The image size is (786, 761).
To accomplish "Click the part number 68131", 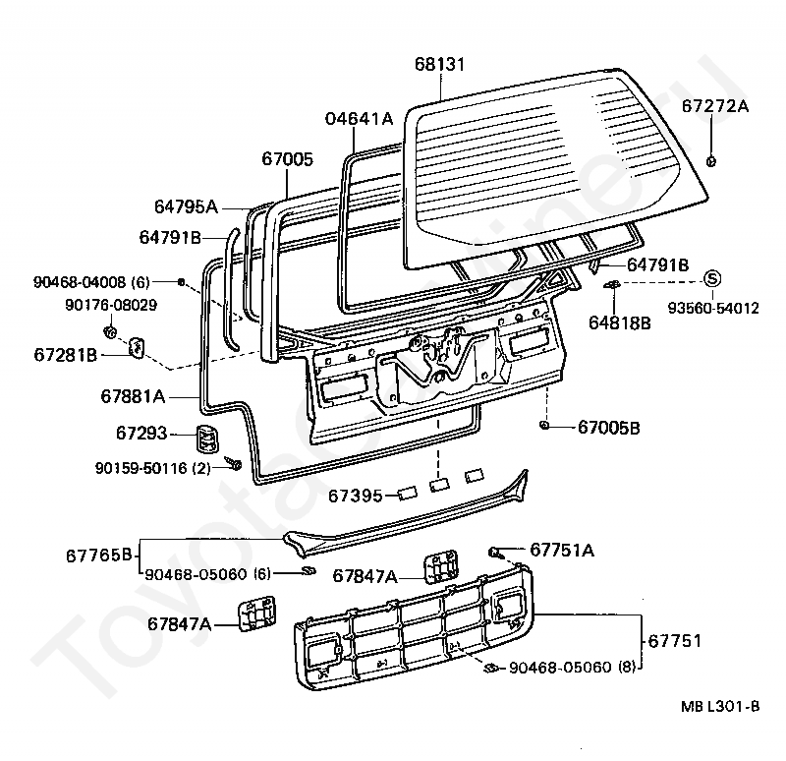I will (439, 65).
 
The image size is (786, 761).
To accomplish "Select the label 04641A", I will (359, 119).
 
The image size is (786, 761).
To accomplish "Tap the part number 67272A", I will (714, 105).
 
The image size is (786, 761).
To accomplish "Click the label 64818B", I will (619, 322).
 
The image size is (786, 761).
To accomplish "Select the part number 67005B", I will (608, 428).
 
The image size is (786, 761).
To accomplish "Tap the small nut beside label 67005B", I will (543, 426).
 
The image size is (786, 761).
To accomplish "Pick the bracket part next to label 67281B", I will (138, 345).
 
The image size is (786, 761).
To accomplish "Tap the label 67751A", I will (562, 550).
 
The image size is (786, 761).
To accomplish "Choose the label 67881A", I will (133, 396).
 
